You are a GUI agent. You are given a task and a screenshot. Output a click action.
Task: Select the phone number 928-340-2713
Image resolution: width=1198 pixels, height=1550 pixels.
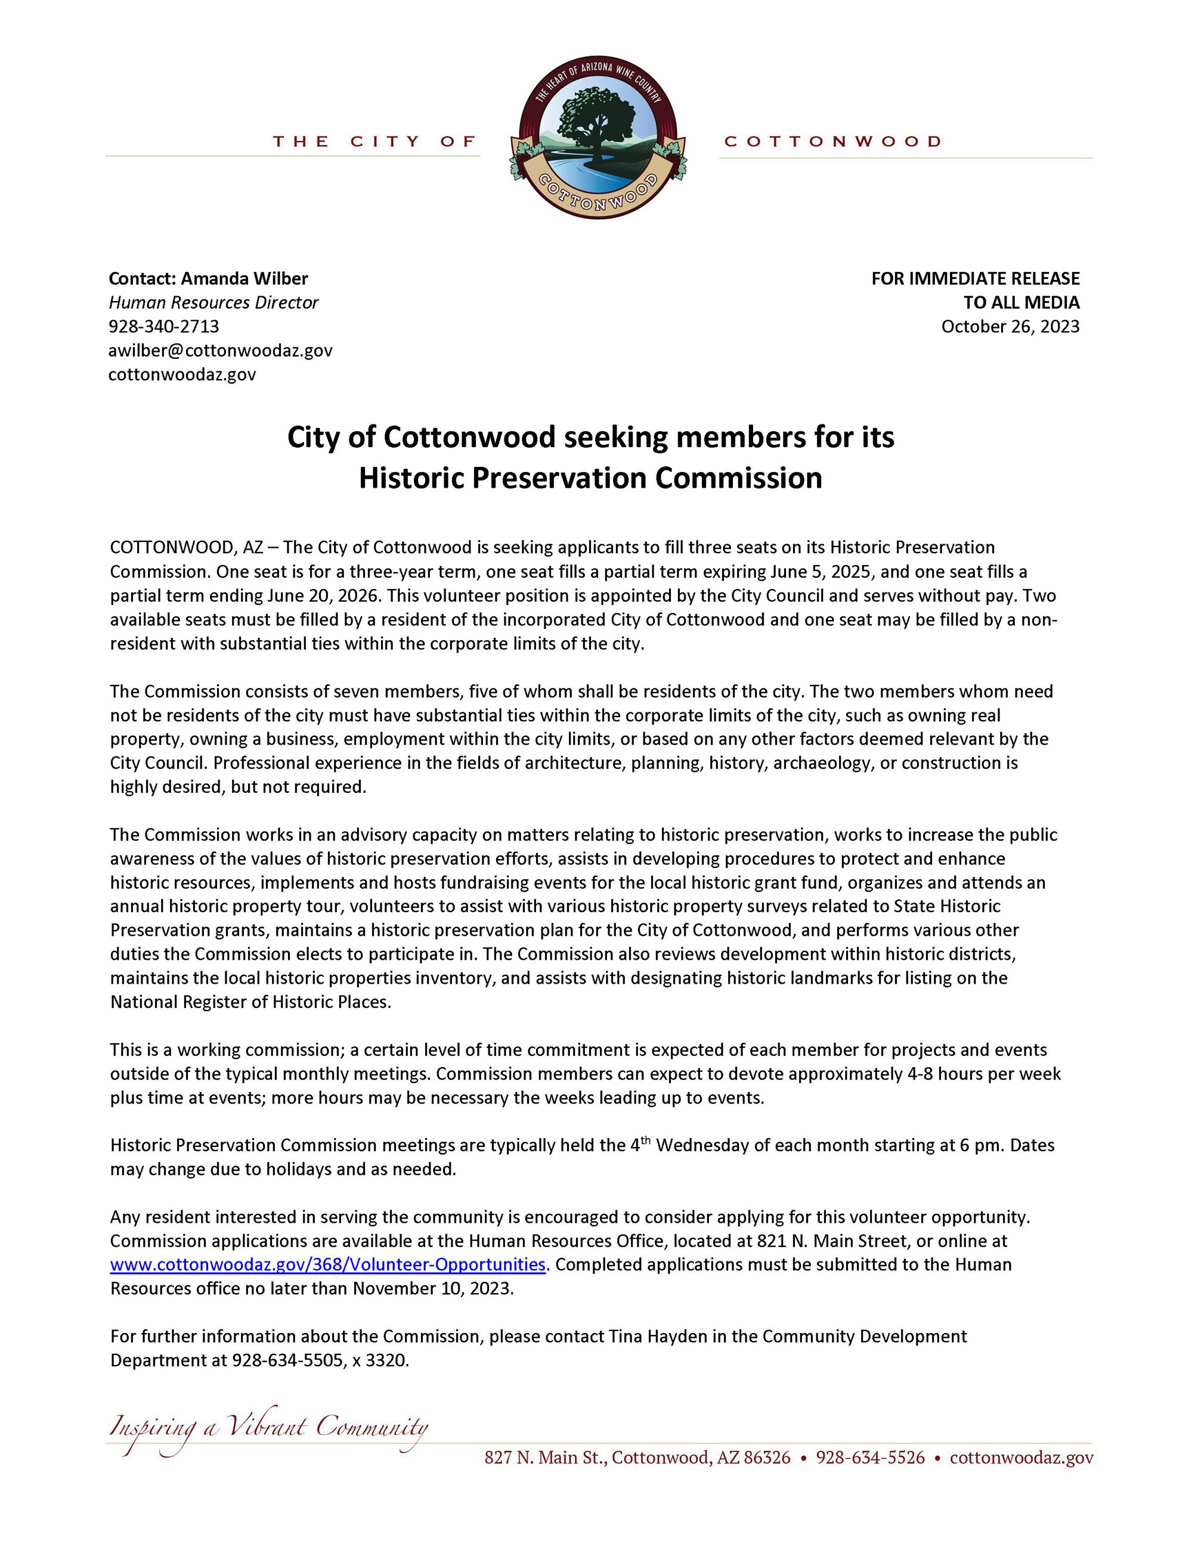[x=164, y=327]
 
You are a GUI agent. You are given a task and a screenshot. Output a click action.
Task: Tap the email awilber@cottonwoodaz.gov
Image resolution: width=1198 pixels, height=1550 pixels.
[x=220, y=350]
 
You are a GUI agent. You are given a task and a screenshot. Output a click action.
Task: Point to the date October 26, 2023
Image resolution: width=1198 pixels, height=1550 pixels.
[x=1010, y=327]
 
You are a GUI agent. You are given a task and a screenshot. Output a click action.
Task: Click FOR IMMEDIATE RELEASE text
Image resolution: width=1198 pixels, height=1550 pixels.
[x=975, y=278]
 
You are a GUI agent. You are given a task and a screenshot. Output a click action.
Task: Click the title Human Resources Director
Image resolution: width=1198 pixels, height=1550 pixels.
[x=213, y=302]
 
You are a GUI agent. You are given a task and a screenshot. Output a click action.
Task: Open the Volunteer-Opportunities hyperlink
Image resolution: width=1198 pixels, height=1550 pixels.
[x=328, y=1264]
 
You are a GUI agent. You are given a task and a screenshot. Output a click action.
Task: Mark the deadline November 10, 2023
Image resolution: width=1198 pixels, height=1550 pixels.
[x=432, y=1289]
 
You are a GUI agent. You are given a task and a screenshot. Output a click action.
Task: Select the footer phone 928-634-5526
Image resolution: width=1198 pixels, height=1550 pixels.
[x=870, y=1457]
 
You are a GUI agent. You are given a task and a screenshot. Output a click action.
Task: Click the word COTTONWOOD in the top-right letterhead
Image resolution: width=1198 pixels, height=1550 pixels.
[x=832, y=141]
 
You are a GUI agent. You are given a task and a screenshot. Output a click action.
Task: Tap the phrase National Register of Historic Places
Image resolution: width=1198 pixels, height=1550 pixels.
[x=250, y=1002]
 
